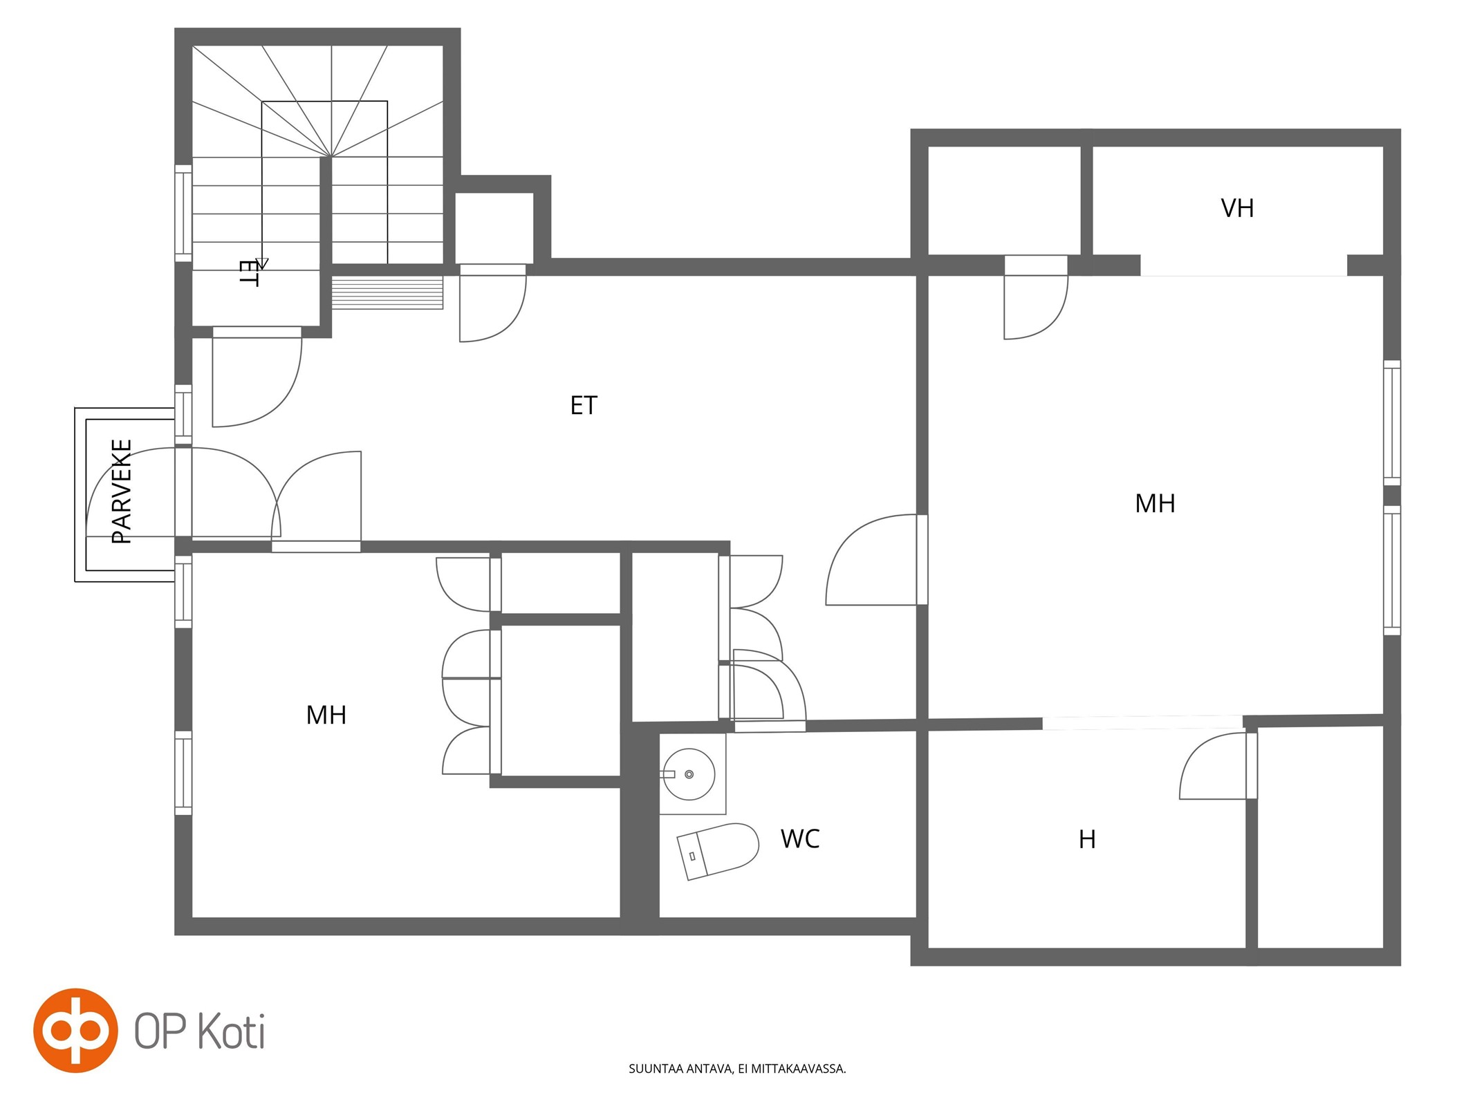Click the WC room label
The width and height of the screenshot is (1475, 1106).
click(800, 838)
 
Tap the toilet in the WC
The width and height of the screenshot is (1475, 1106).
click(718, 851)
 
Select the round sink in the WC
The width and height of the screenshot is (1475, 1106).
click(689, 774)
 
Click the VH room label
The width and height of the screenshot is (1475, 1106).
click(1237, 208)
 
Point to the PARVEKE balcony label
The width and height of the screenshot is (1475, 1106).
click(122, 491)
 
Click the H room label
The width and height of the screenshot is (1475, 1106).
click(1087, 839)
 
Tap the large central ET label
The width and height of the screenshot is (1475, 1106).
click(584, 405)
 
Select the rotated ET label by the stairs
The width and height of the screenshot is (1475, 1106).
click(248, 273)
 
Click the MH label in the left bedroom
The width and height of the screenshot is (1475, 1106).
click(326, 715)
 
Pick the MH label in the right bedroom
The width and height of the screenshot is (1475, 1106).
click(1155, 503)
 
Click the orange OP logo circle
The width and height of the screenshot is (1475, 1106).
click(75, 1031)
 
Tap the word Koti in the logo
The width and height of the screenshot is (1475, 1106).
click(232, 1031)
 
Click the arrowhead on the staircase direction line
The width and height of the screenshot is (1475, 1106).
click(261, 263)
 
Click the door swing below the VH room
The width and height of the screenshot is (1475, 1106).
click(1036, 304)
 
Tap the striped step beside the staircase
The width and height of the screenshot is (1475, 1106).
click(387, 292)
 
